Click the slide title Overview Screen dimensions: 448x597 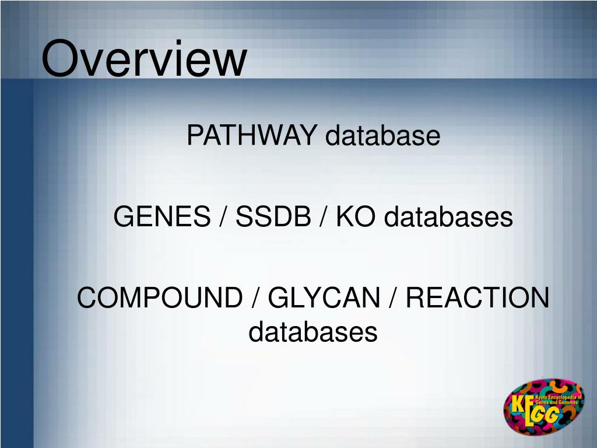[x=144, y=58]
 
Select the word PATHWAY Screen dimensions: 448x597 [x=252, y=136]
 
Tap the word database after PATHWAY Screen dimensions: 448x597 [x=382, y=136]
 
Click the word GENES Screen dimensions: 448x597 [x=161, y=218]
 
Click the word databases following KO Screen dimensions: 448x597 [x=448, y=218]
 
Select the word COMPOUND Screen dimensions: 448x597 [x=159, y=299]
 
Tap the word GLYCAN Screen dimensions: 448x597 [x=324, y=299]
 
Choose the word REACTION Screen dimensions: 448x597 [x=477, y=299]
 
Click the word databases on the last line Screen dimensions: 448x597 [x=313, y=332]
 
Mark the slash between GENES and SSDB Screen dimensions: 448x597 [x=223, y=218]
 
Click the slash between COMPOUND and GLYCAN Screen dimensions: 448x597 [x=255, y=299]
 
